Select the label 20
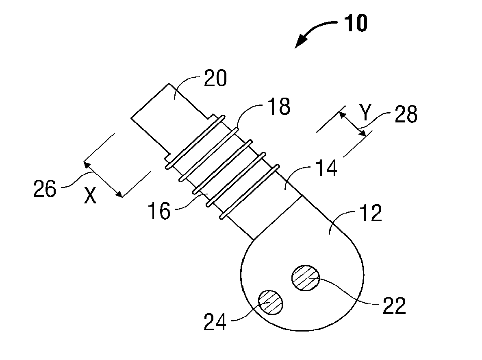pyautogui.click(x=215, y=79)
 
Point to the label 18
pyautogui.click(x=278, y=107)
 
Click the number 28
pyautogui.click(x=405, y=116)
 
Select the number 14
pyautogui.click(x=325, y=168)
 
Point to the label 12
pyautogui.click(x=371, y=214)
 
